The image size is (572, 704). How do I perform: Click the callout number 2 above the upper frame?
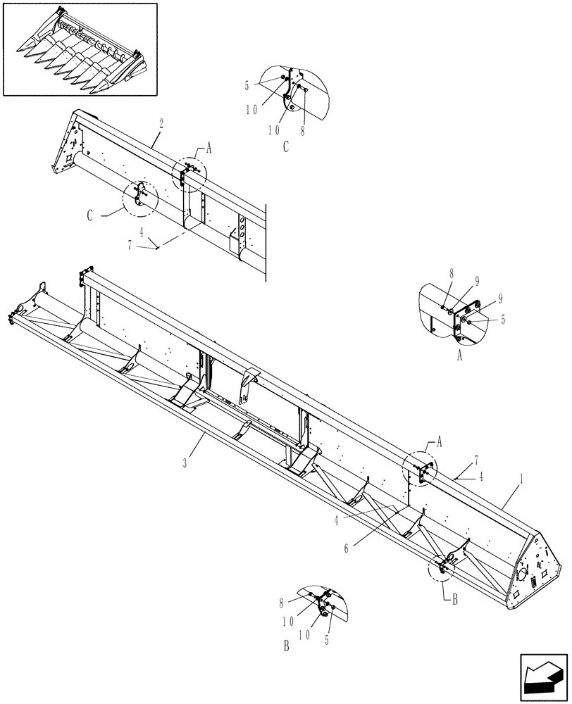click(162, 122)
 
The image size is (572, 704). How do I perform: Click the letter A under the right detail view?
click(460, 356)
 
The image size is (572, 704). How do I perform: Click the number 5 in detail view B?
click(327, 640)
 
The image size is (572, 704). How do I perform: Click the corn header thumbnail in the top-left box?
click(80, 49)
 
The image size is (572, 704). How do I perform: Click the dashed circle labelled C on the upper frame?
click(137, 198)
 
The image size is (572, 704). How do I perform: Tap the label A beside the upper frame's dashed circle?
click(209, 150)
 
